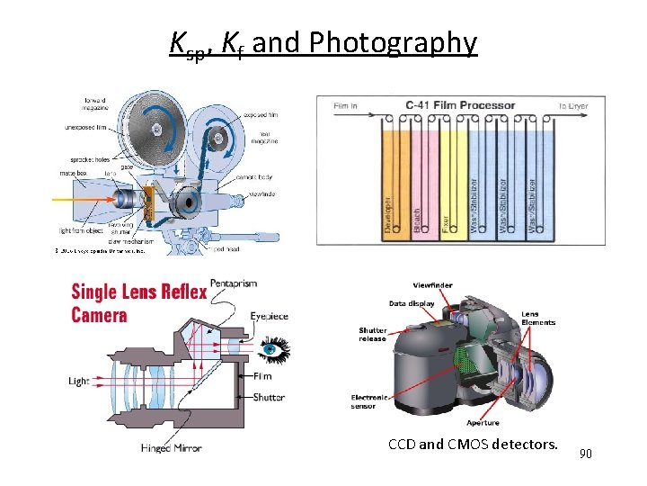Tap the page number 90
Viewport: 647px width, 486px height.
tap(586, 454)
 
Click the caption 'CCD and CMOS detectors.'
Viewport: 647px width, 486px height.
tap(473, 443)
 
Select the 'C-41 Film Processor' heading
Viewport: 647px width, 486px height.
tap(461, 105)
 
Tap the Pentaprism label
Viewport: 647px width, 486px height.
tap(234, 283)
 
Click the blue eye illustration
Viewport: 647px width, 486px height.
tap(275, 345)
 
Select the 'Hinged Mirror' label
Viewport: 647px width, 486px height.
tap(172, 447)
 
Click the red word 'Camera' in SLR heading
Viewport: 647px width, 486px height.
tap(99, 315)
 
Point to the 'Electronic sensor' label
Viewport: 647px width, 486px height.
tap(370, 401)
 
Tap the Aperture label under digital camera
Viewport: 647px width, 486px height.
tap(483, 422)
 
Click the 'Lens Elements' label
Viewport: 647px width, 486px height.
tap(538, 318)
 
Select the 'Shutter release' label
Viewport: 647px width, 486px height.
tap(373, 334)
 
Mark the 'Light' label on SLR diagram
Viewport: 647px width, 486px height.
tap(79, 381)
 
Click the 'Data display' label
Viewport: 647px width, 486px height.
tap(412, 303)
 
